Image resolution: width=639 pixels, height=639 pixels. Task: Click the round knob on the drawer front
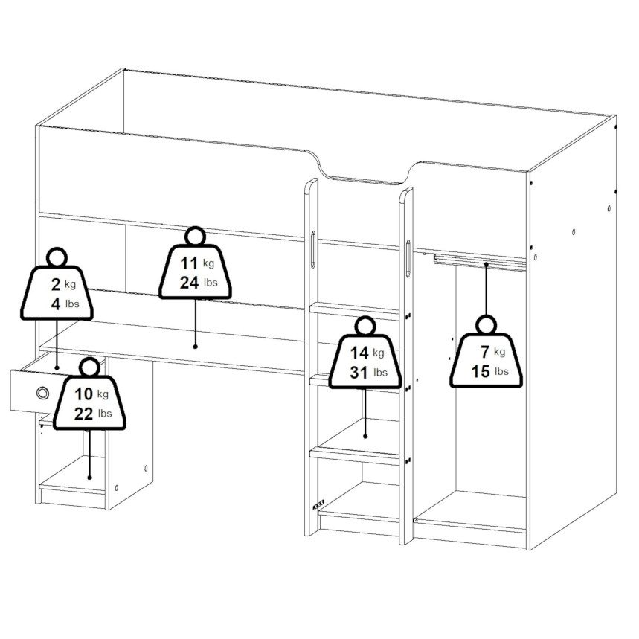tap(42, 393)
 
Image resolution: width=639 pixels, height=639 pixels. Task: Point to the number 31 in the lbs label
tap(359, 373)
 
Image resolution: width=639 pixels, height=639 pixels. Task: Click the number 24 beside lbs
tap(190, 283)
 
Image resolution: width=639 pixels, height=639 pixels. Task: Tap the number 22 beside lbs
tap(83, 414)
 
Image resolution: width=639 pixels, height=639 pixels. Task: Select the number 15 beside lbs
tap(481, 372)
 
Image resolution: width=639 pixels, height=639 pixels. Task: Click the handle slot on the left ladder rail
tap(313, 249)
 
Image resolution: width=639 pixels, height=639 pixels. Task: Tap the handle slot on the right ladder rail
tap(408, 259)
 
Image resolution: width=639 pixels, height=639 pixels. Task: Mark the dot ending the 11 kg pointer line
tap(195, 347)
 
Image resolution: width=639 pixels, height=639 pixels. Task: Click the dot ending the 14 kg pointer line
tap(365, 436)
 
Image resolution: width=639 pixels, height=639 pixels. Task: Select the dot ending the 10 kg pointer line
tap(90, 478)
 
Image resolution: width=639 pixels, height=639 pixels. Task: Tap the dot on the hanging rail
tap(487, 264)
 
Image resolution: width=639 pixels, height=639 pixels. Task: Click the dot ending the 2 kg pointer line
tap(57, 367)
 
